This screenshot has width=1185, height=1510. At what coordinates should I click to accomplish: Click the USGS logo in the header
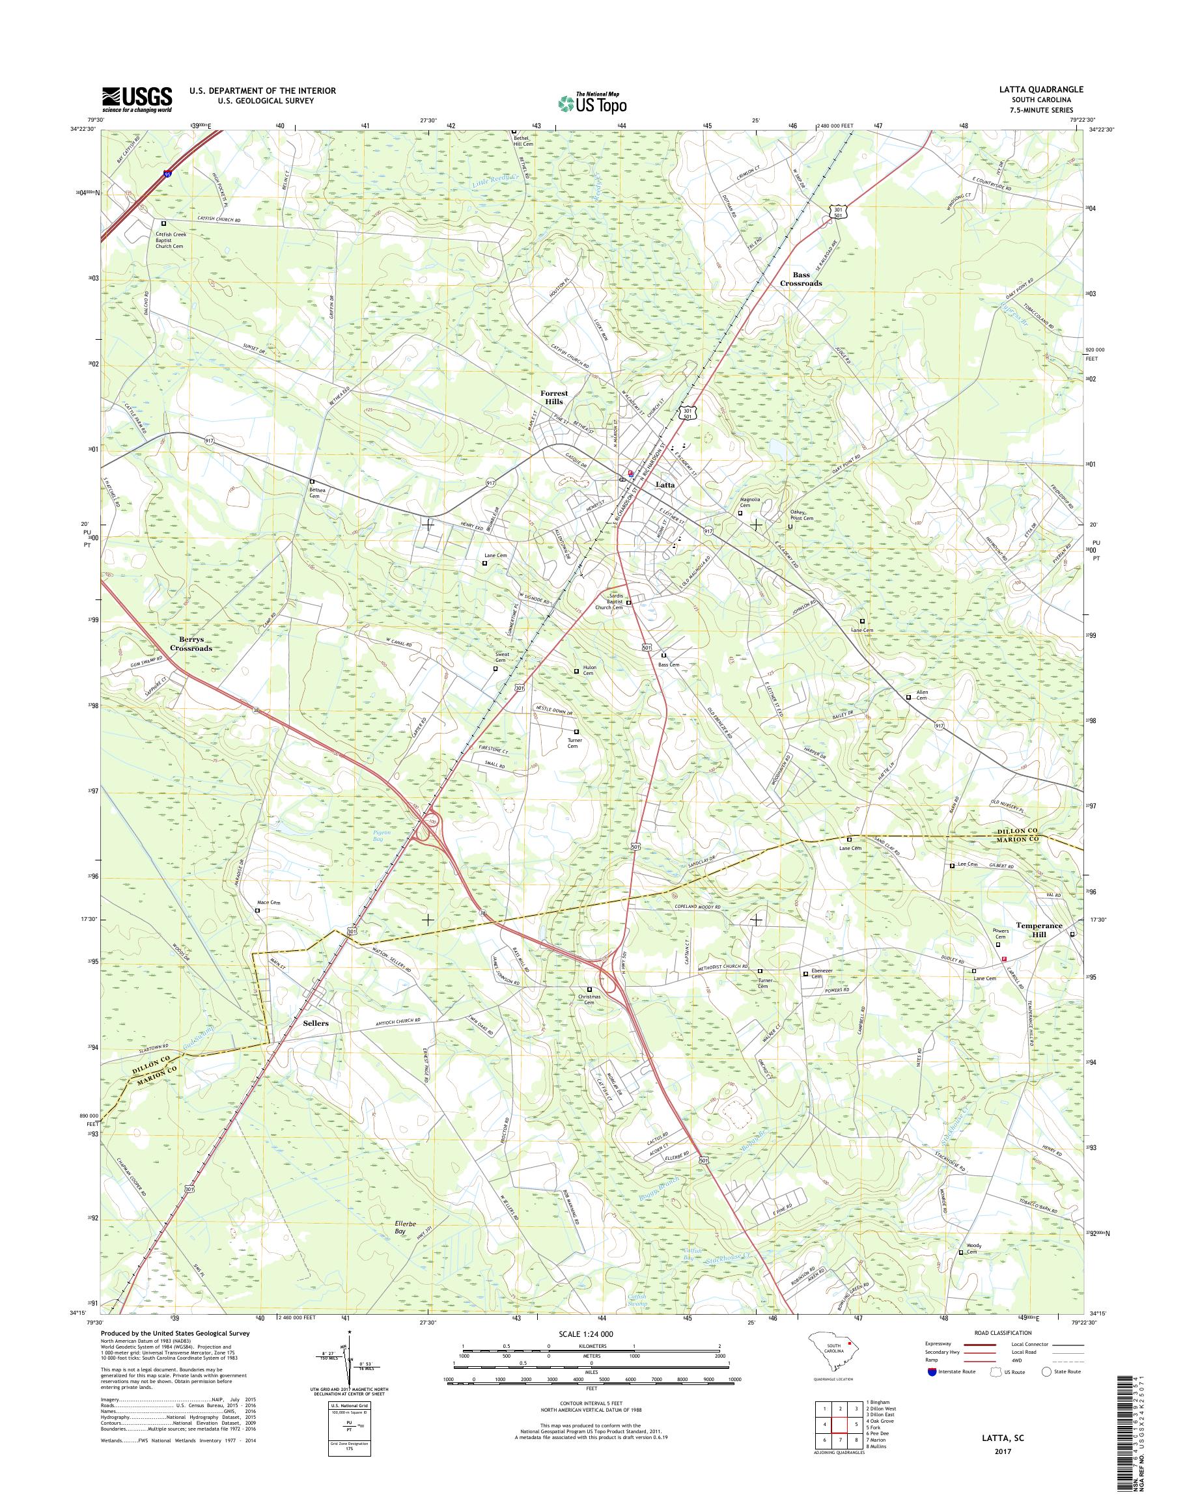137,99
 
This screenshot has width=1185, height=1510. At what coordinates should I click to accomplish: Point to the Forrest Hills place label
553,397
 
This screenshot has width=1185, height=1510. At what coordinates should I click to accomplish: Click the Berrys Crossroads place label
191,644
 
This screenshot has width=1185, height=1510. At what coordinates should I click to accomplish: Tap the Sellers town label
316,1023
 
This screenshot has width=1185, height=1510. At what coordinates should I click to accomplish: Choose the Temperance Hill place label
1039,929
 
